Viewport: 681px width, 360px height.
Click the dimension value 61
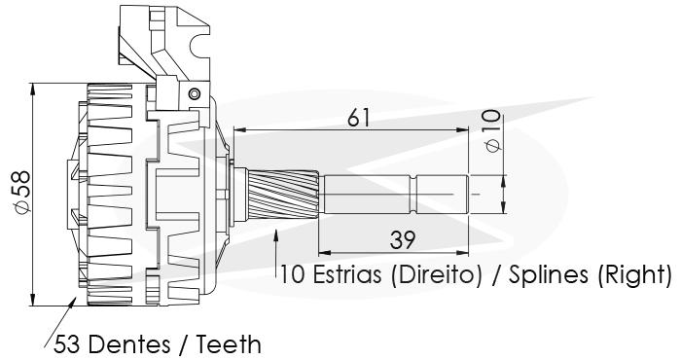pos(358,118)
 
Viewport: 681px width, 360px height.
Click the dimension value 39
pos(402,240)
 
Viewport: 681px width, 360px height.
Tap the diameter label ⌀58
pos(21,192)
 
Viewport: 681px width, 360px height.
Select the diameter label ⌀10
pos(492,130)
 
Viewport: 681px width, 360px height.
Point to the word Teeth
pos(229,344)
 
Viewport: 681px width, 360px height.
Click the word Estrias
pos(347,275)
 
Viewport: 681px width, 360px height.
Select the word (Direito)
pos(437,275)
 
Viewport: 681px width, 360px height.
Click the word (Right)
pos(634,275)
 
